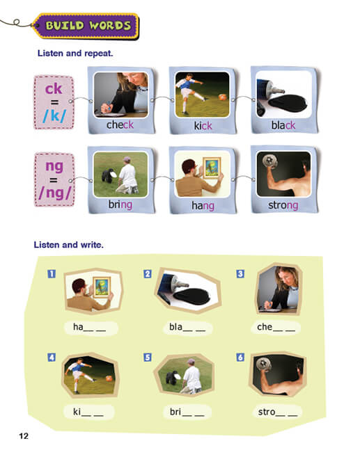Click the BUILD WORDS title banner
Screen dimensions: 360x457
pos(86,26)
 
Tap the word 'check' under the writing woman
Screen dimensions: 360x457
pos(120,125)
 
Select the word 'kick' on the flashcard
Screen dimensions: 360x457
pos(203,126)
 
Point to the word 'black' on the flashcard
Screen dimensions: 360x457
pos(283,125)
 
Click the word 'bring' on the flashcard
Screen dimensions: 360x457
pos(120,205)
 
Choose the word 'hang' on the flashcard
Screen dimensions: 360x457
pos(203,206)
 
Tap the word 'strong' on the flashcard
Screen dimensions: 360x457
pos(283,205)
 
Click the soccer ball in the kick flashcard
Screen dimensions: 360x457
pos(223,97)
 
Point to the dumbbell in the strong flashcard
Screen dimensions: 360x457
pos(269,161)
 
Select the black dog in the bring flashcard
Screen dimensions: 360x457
pos(108,176)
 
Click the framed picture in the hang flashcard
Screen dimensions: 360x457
pos(212,168)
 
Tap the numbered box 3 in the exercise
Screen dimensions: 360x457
pos(240,273)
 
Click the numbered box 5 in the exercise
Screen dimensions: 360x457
pos(148,358)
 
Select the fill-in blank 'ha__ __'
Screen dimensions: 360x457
pos(90,328)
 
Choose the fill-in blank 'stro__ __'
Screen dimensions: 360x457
pos(277,412)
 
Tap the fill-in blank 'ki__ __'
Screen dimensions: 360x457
pos(88,412)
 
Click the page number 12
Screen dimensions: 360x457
pos(24,435)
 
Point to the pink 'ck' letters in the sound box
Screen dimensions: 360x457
pos(54,88)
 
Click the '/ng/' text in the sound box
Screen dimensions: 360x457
pos(54,193)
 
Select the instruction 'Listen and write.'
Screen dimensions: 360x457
pos(68,245)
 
